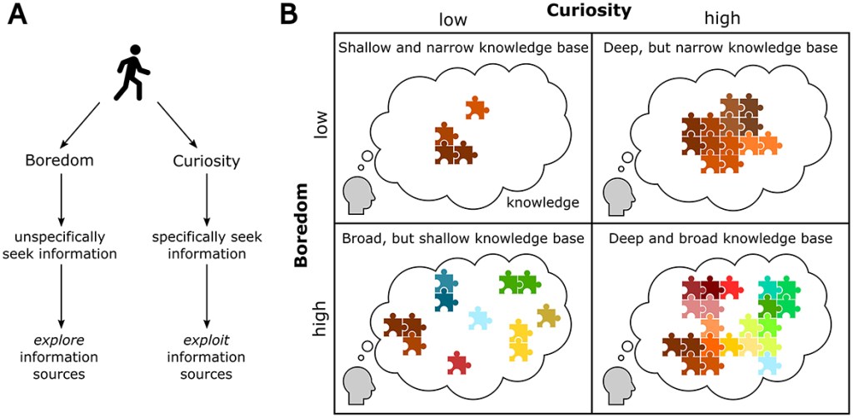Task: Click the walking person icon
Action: pos(132,72)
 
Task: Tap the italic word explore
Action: pos(60,341)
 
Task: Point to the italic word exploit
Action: pos(206,341)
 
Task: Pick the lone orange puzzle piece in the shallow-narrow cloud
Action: pos(476,107)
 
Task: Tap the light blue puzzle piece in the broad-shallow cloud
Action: pos(479,318)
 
